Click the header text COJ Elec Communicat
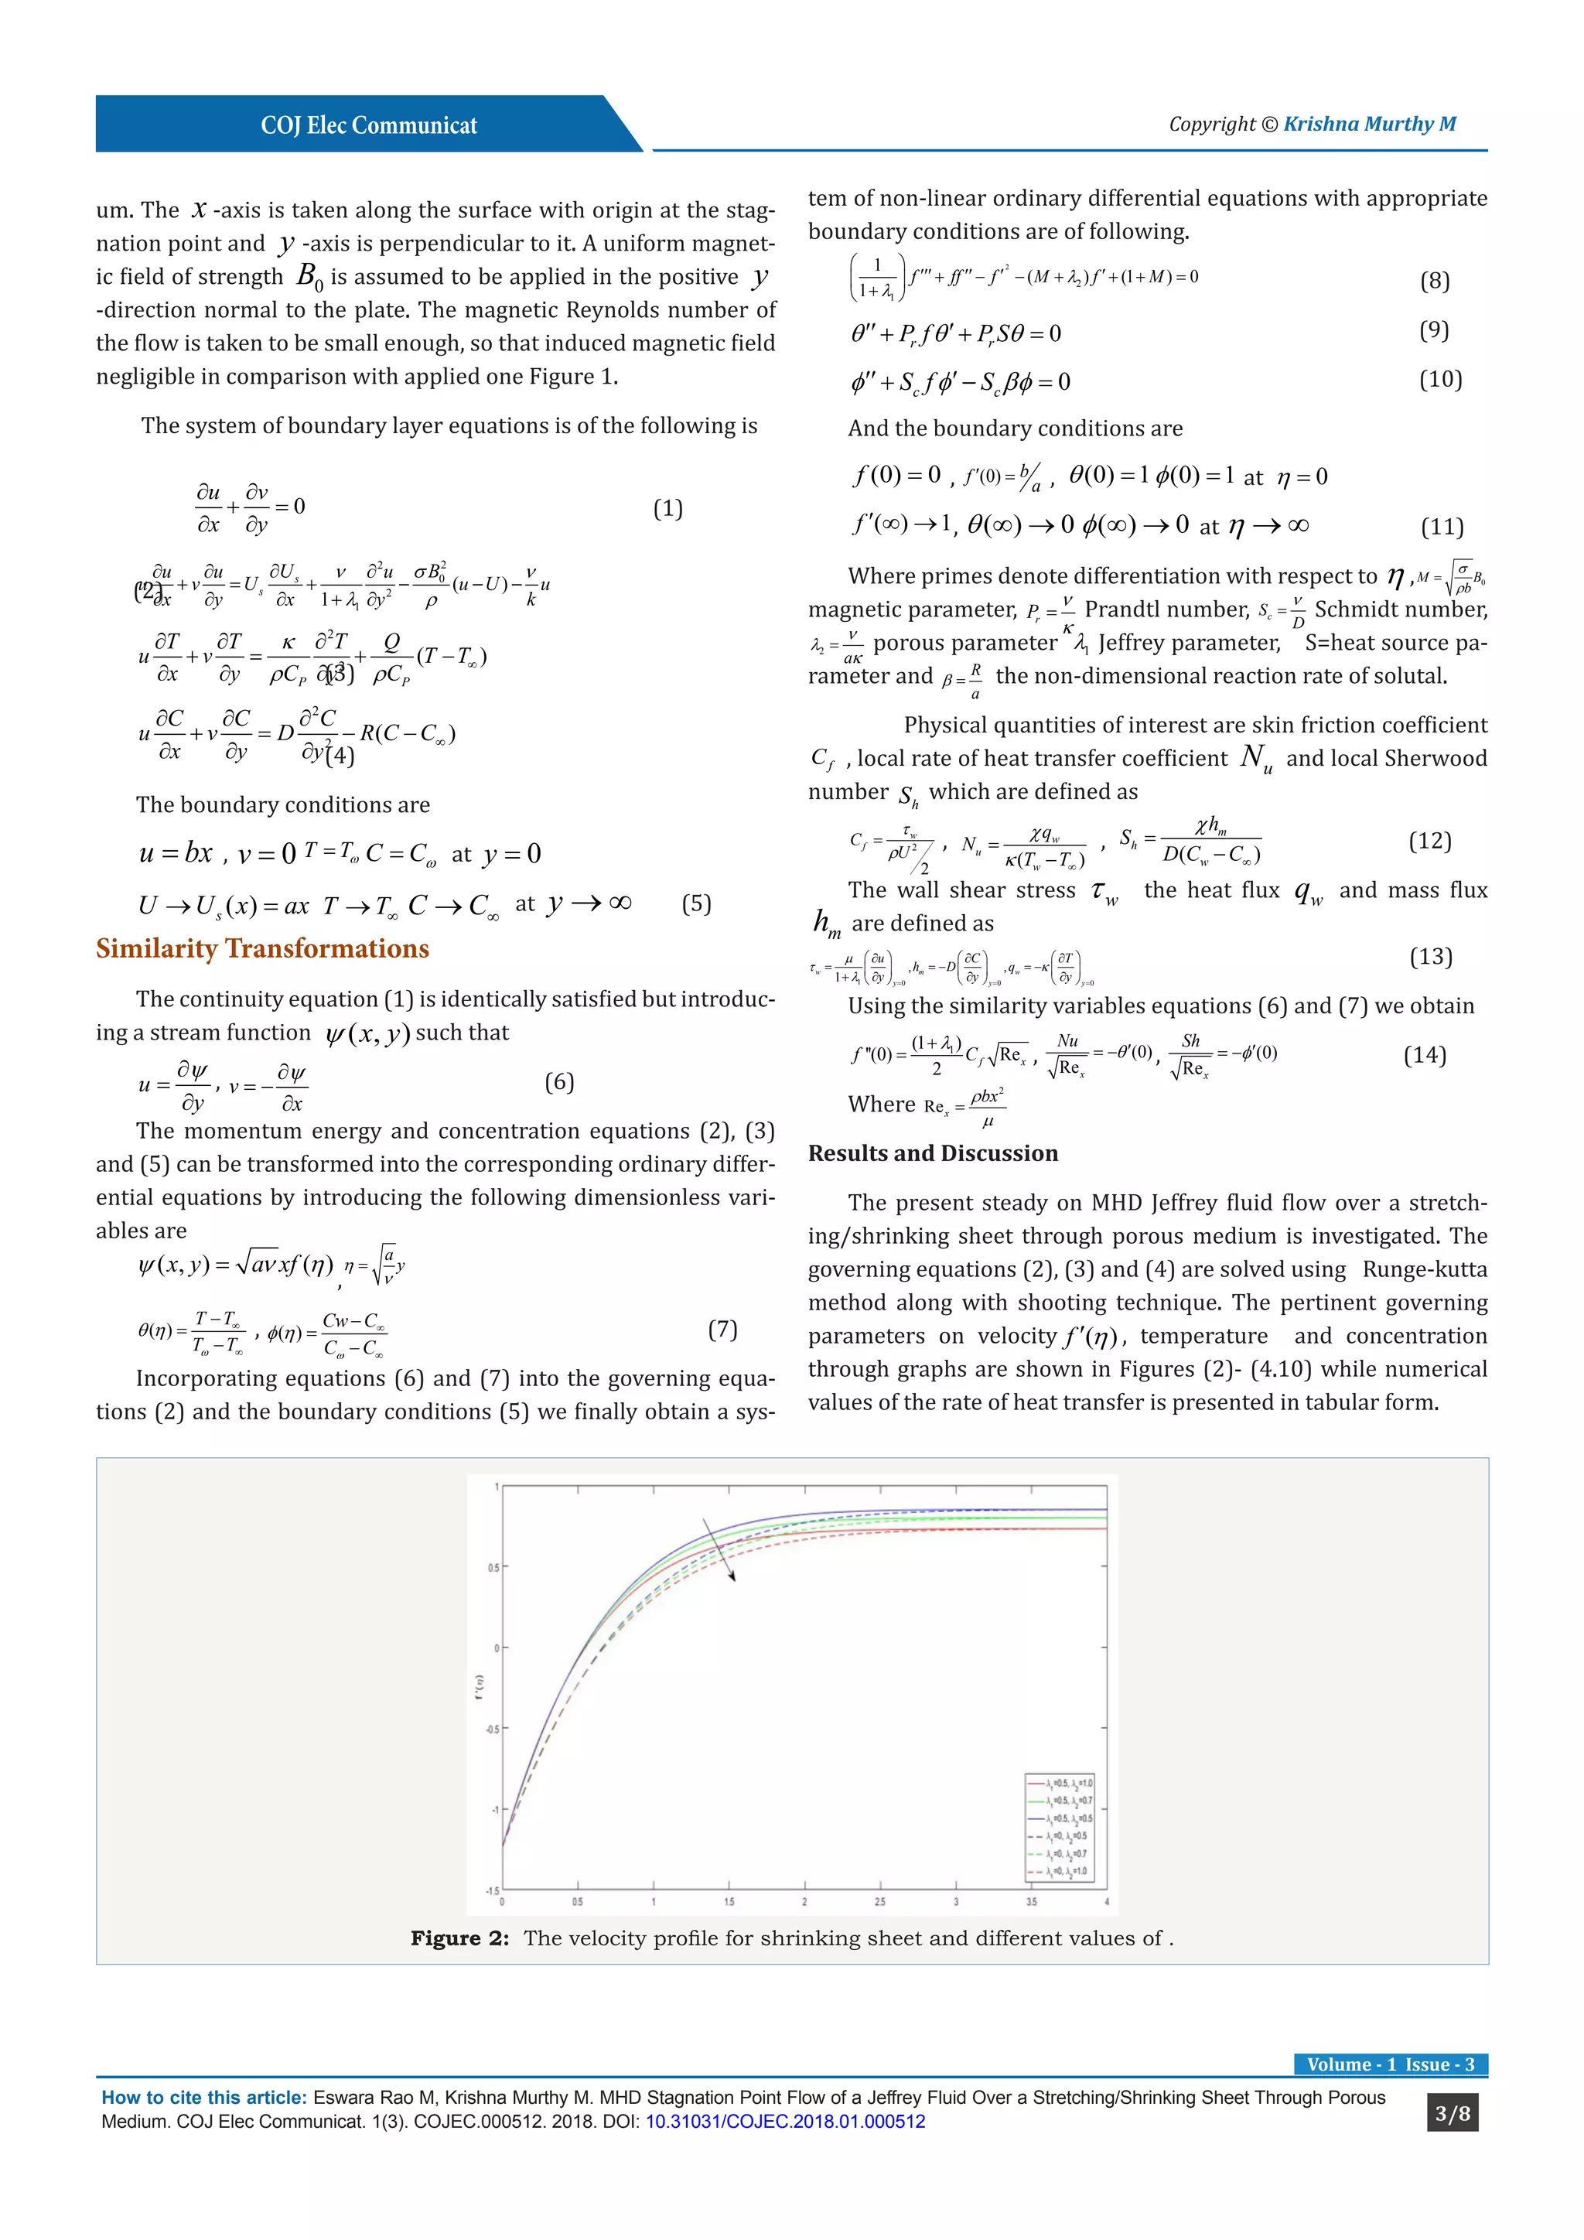(369, 126)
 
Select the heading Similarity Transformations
(262, 948)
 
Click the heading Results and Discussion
(933, 1153)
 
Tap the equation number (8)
(1434, 281)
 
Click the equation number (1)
(667, 508)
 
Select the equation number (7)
(722, 1330)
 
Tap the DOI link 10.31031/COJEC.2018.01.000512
(785, 2121)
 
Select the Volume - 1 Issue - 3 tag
(1390, 2064)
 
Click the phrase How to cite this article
(204, 2098)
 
